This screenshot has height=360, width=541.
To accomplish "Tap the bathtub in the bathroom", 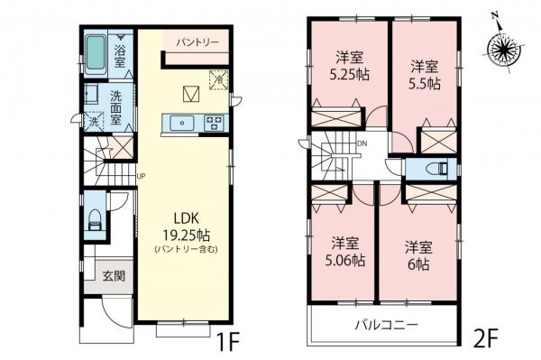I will pos(96,51).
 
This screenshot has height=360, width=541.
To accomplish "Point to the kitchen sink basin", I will pos(181,123).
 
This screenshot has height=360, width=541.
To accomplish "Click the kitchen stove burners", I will pos(215,123).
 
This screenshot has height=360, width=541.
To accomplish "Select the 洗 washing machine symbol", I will pos(94,122).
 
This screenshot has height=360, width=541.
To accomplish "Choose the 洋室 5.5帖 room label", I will pos(425,74).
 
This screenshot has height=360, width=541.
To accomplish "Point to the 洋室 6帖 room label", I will pos(417,253).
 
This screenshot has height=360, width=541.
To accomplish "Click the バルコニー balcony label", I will pos(385,323).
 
